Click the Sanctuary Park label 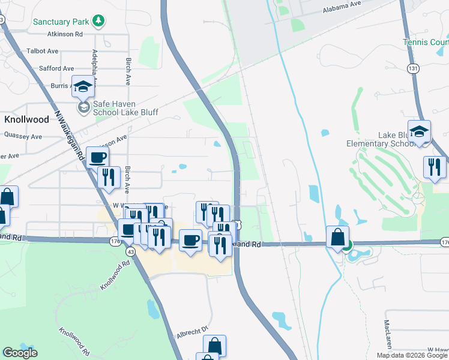(x=61, y=22)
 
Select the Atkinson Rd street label (x=62, y=35)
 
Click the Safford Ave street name (x=56, y=68)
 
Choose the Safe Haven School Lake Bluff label (x=125, y=108)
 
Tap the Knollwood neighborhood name (x=26, y=119)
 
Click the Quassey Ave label (x=22, y=136)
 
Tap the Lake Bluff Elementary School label (x=381, y=139)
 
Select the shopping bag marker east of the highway (x=338, y=237)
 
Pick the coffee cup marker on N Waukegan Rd (x=98, y=158)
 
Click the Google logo (x=20, y=353)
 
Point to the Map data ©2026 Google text (x=411, y=355)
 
